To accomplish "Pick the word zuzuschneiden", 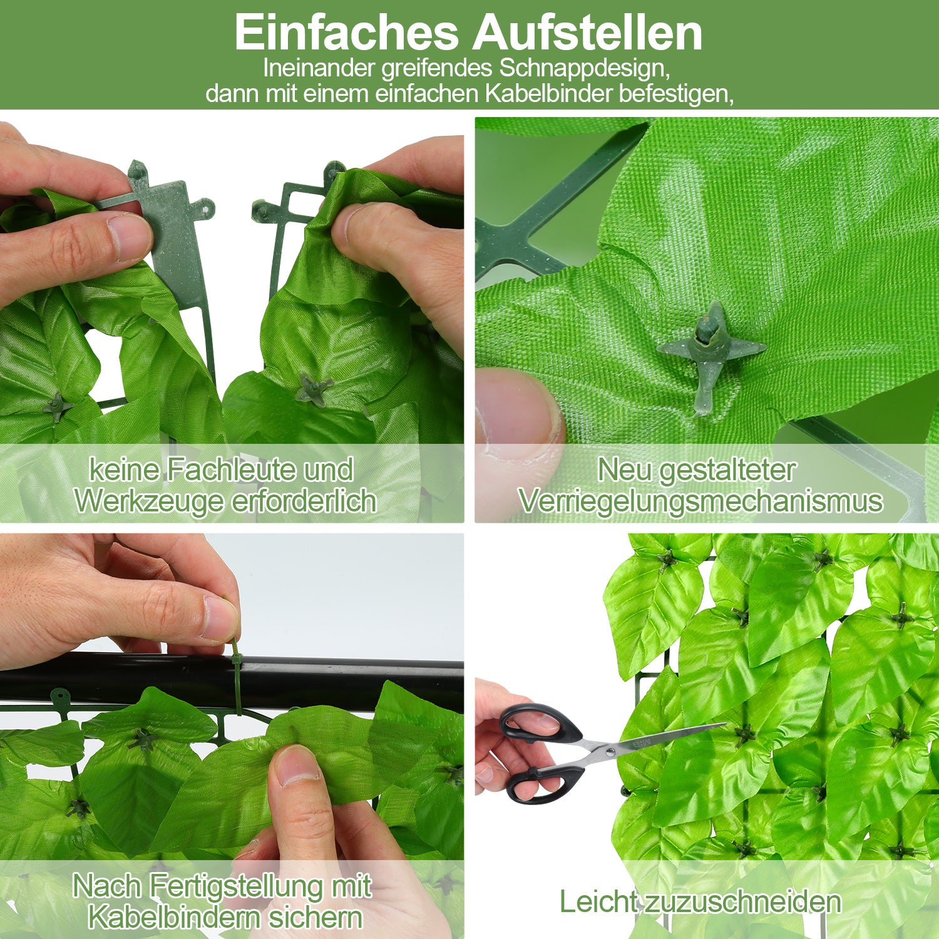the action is pyautogui.click(x=742, y=903).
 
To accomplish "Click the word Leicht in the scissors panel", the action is pyautogui.click(x=598, y=902).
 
